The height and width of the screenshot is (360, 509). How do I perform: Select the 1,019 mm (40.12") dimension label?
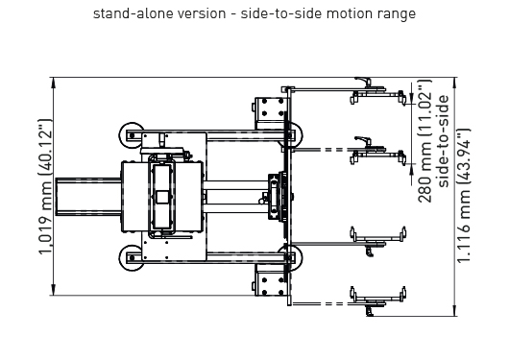(x=45, y=187)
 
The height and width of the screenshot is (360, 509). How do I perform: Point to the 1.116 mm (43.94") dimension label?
(x=463, y=196)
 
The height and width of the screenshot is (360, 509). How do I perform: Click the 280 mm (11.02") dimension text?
(x=425, y=141)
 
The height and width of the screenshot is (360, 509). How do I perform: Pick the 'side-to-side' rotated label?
(x=443, y=141)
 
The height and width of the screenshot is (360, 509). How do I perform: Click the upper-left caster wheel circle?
(x=132, y=135)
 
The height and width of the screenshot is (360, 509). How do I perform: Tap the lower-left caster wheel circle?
(x=132, y=258)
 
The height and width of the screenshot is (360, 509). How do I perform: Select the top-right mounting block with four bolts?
(x=270, y=109)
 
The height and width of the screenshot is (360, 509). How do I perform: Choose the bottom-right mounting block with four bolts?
(x=270, y=279)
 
